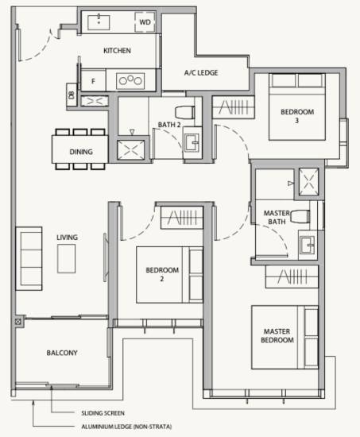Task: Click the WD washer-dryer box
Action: [145, 22]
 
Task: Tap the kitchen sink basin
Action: [99, 22]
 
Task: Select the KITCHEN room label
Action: [117, 51]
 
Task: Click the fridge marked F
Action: [93, 80]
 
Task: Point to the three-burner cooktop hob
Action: [130, 81]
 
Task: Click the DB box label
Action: [72, 95]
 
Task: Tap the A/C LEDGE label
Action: [201, 73]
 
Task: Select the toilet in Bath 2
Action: [185, 112]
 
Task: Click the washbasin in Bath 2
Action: [192, 143]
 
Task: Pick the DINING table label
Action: [81, 152]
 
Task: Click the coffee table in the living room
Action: [66, 259]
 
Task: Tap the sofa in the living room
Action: [29, 259]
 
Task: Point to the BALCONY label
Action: [62, 353]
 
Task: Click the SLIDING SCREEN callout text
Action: [103, 413]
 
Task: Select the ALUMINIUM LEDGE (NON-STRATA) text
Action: [126, 427]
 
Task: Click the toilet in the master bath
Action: [300, 217]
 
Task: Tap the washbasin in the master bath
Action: [307, 245]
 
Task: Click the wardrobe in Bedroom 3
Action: [234, 107]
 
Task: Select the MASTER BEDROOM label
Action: [277, 335]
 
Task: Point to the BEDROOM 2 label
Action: [162, 274]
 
